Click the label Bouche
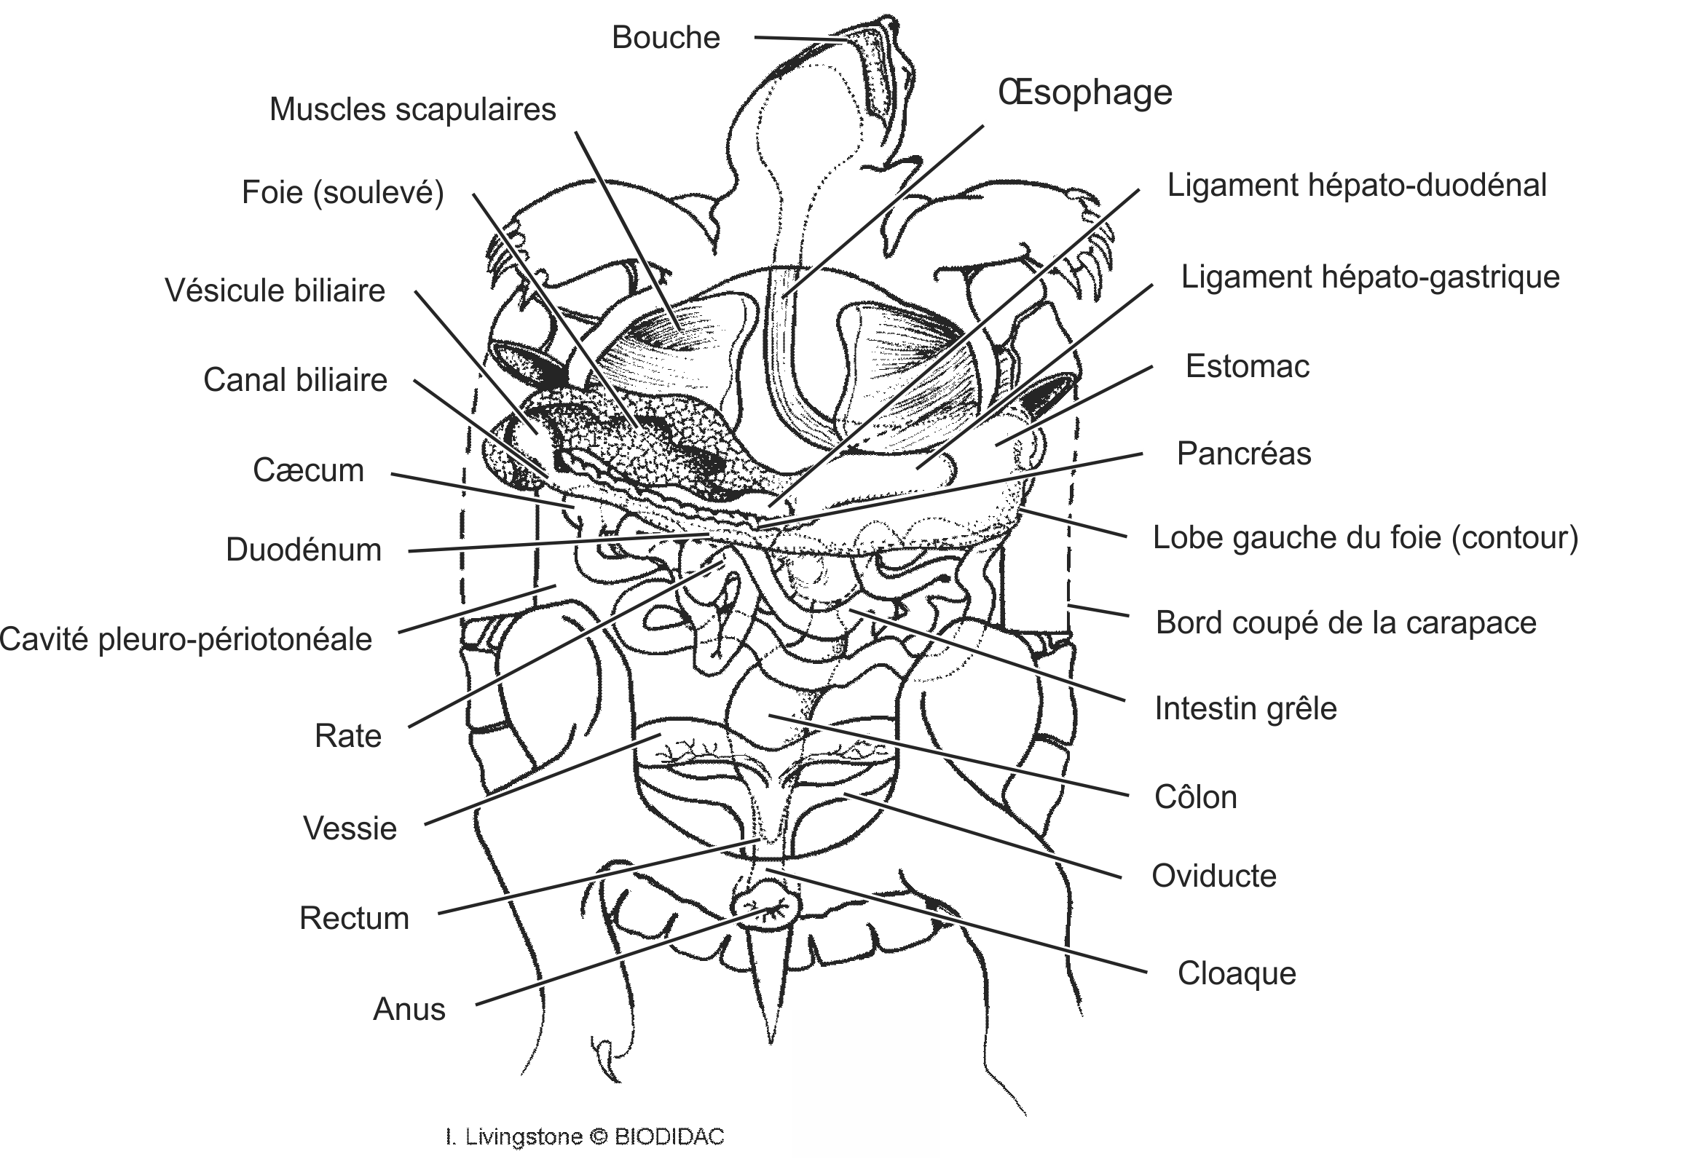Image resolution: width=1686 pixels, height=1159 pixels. pos(665,38)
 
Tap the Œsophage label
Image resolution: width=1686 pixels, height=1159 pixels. pos(1084,92)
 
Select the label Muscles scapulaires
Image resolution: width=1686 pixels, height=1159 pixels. pos(412,110)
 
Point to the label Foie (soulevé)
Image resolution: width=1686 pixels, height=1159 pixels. pos(342,193)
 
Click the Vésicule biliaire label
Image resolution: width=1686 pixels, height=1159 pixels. pos(275,290)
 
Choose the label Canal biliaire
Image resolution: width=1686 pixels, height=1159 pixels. pos(295,380)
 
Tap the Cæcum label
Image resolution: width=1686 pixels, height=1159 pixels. pos(308,470)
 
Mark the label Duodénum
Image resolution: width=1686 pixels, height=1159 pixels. pos(304,550)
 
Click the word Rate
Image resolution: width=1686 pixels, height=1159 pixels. pos(347,736)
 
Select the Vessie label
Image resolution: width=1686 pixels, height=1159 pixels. pos(350,828)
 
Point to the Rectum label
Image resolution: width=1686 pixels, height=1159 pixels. pos(354,918)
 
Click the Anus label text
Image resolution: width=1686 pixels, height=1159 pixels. pos(409,1010)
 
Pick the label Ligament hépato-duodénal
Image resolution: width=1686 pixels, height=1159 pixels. pos(1356,186)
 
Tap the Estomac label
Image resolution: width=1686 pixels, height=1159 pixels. pos(1247,366)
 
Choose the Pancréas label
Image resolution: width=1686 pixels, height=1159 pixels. pos(1243,454)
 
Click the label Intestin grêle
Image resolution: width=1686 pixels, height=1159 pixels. pos(1245,708)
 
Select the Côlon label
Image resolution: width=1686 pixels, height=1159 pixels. pos(1195,798)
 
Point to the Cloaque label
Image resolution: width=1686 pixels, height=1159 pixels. pos(1237,973)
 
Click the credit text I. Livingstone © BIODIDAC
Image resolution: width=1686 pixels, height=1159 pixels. pos(585,1136)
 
